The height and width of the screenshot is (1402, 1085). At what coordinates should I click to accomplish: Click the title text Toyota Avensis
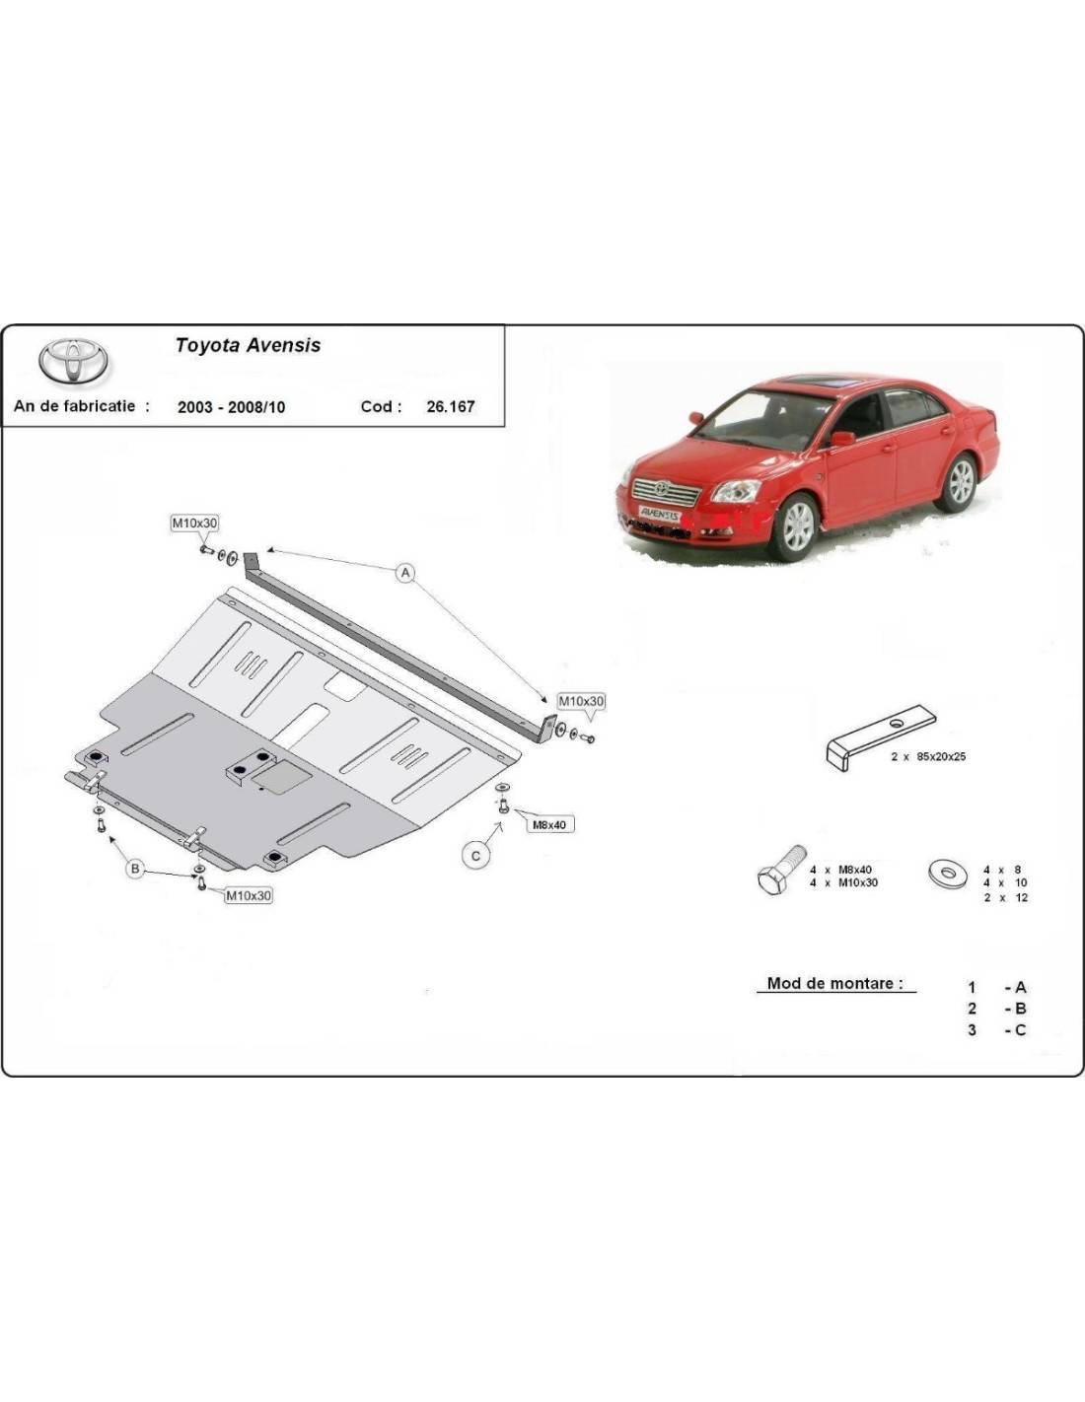pos(248,345)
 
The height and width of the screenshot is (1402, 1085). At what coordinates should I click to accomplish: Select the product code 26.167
pos(451,406)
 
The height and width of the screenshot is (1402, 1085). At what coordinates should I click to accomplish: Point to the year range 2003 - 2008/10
pos(231,407)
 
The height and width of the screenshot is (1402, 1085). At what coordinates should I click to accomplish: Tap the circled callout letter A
pos(405,572)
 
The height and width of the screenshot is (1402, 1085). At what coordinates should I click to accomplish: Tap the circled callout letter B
pos(135,869)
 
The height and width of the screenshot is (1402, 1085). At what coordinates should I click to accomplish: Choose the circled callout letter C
pos(475,856)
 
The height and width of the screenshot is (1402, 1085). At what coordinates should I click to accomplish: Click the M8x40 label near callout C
pos(549,824)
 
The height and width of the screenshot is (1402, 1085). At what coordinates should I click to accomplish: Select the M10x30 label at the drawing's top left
pos(193,524)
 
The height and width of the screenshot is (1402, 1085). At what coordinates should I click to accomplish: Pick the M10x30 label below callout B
pos(249,895)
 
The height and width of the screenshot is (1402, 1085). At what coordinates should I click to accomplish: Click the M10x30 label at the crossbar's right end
pos(581,701)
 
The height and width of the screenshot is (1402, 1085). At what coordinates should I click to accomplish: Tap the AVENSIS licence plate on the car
pos(659,515)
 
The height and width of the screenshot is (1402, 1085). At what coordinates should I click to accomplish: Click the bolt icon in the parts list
pos(780,869)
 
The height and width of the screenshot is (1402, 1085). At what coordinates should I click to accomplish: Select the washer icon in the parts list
pos(948,874)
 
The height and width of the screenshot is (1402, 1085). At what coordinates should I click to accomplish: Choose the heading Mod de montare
pos(834,983)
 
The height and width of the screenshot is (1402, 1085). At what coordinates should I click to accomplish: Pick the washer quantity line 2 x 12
pos(1006,897)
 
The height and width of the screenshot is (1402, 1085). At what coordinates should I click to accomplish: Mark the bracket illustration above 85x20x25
pos(880,737)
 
